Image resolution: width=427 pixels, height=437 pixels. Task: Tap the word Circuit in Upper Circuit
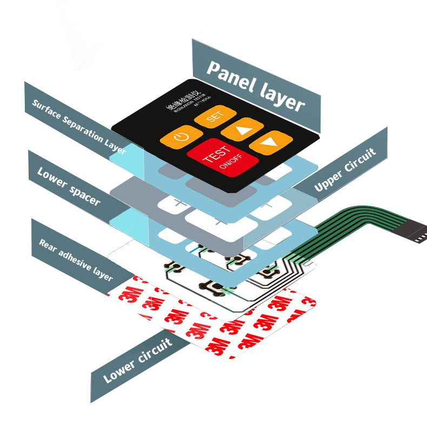[358, 162]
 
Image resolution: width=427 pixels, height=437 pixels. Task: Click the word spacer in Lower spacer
[84, 194]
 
